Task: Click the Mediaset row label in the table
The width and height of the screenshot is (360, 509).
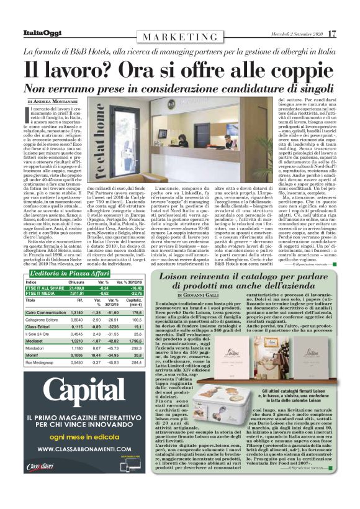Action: (x=38, y=341)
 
